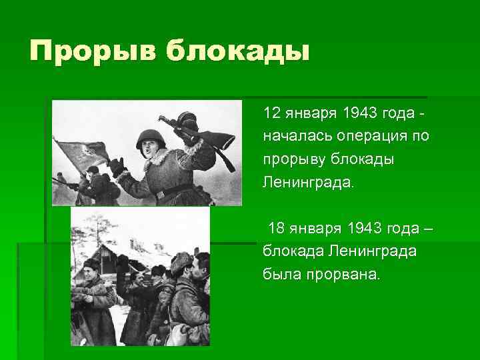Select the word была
(x=281, y=275)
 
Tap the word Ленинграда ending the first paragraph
(x=309, y=183)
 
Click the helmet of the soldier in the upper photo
(x=148, y=138)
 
